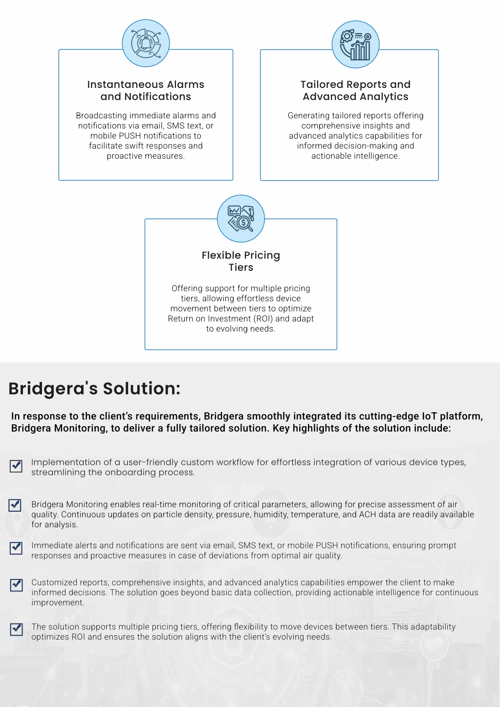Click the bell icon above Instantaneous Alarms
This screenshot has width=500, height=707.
(146, 43)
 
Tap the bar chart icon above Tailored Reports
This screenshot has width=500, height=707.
(355, 44)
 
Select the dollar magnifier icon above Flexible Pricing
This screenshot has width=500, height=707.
(240, 218)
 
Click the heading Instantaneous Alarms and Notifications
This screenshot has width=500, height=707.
(146, 90)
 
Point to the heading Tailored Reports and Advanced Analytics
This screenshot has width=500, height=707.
(355, 90)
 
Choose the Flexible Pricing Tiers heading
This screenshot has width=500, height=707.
(240, 261)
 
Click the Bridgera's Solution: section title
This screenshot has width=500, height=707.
(94, 388)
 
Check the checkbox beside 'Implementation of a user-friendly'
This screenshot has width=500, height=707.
(16, 466)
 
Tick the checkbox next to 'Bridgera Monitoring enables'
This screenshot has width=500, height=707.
(15, 505)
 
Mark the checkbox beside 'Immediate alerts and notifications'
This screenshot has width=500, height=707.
(16, 548)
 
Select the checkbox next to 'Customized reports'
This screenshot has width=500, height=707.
(17, 585)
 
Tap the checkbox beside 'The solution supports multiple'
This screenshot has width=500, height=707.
(17, 629)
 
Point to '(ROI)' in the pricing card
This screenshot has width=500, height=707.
(263, 318)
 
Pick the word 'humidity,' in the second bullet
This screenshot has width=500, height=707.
(271, 515)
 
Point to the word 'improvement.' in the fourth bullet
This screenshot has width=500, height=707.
(58, 603)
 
